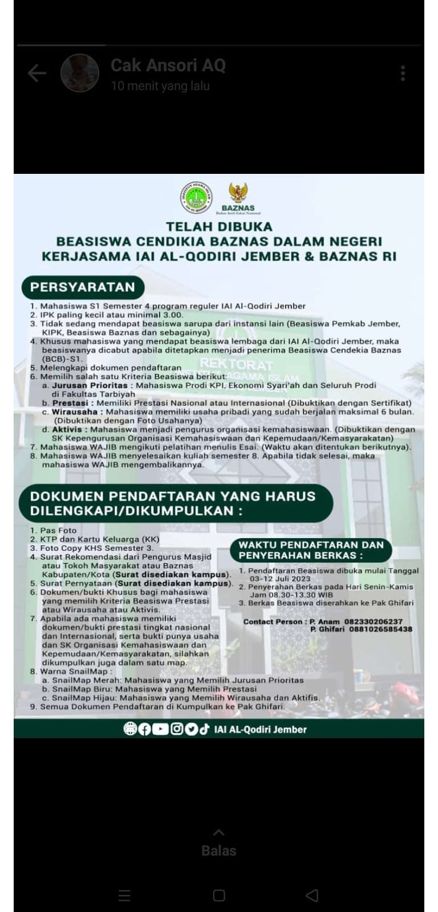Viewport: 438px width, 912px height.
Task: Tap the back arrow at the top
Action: pyautogui.click(x=37, y=73)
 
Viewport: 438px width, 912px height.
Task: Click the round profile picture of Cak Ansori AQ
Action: pyautogui.click(x=80, y=73)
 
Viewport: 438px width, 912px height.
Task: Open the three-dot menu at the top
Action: pyautogui.click(x=403, y=73)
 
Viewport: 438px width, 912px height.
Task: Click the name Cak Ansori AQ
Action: pyautogui.click(x=168, y=66)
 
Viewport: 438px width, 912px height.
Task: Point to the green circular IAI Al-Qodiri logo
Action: pyautogui.click(x=196, y=197)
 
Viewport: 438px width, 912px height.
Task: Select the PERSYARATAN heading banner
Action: pyautogui.click(x=83, y=287)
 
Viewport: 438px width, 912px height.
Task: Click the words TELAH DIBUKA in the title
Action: pyautogui.click(x=219, y=227)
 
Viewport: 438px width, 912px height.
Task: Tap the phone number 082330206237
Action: pyautogui.click(x=373, y=622)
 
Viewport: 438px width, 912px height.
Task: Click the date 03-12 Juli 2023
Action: pyautogui.click(x=280, y=579)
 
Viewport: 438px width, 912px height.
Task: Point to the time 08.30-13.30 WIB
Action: pyautogui.click(x=291, y=595)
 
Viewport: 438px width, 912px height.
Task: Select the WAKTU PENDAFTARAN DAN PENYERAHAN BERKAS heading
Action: pyautogui.click(x=311, y=550)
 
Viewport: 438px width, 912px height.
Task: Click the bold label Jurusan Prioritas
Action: pyautogui.click(x=90, y=385)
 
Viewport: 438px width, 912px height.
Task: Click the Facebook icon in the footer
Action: pyautogui.click(x=145, y=729)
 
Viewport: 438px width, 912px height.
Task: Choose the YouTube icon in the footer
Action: pyautogui.click(x=160, y=729)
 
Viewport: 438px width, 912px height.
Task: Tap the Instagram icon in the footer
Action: pyautogui.click(x=177, y=729)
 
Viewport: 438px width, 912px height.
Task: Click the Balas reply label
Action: pyautogui.click(x=218, y=850)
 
